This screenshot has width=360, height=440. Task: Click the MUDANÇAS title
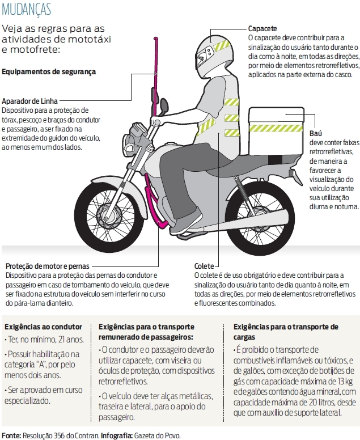pos(27,10)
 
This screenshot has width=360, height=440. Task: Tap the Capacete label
pos(262,28)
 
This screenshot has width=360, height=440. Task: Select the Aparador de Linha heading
pos(29,101)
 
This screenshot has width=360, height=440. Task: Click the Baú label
pos(316,133)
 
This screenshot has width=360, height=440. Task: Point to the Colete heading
pos(204,266)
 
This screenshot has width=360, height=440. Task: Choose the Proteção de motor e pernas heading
pos(48,266)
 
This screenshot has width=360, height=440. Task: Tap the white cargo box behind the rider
pos(276,131)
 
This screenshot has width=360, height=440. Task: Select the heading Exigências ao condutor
pos(43,327)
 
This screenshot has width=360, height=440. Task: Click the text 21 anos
pos(71,340)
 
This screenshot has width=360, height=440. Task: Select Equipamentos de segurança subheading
pos(49,72)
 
